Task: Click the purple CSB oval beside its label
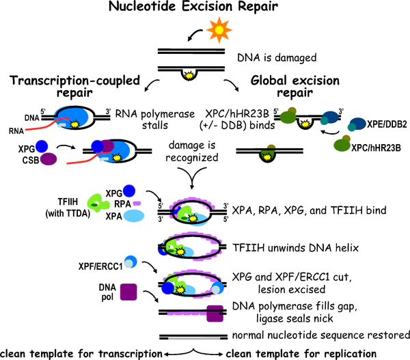(x=49, y=179)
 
